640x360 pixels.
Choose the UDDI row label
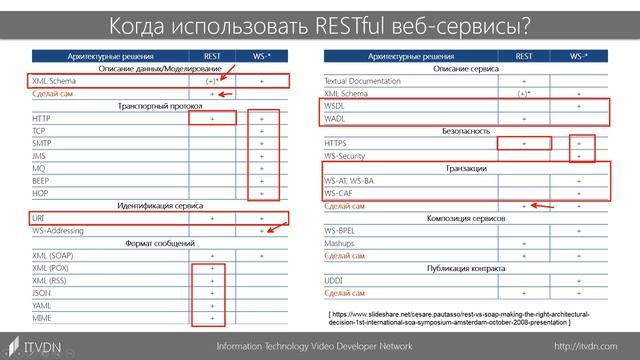[334, 281]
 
